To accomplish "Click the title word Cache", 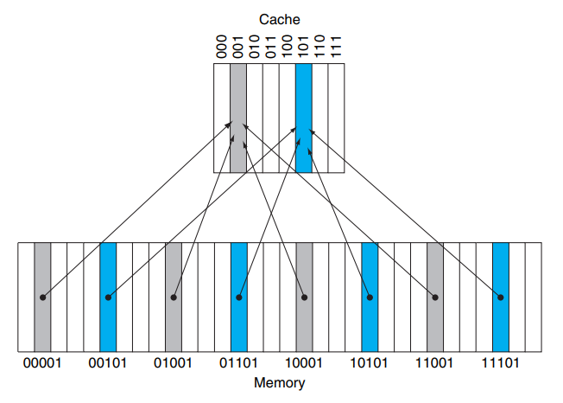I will click(279, 17).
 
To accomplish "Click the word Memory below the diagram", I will click(279, 381).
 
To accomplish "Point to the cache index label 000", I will click(222, 47).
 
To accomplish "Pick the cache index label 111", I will click(337, 47).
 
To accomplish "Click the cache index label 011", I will click(271, 47).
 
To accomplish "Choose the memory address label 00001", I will click(43, 362).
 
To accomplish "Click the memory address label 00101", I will click(108, 362).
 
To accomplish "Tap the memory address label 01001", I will click(174, 362).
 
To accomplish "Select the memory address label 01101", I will click(239, 362).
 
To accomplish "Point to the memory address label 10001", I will click(305, 362).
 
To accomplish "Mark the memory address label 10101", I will click(370, 362).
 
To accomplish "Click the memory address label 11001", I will click(435, 362).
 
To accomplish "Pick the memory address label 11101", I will click(501, 362).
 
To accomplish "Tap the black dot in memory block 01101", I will click(239, 297).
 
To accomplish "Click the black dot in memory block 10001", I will click(305, 297).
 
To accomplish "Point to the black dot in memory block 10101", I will click(370, 297).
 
